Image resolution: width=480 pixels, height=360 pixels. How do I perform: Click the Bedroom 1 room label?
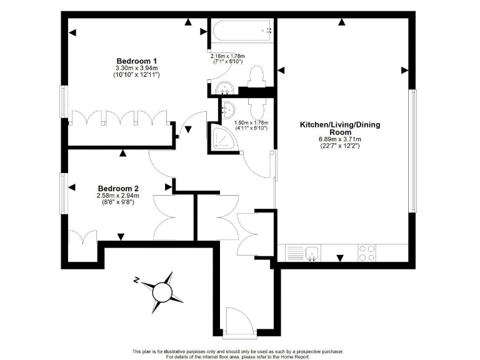[x=137, y=61]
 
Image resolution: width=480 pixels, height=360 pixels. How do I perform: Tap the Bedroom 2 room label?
[x=118, y=188]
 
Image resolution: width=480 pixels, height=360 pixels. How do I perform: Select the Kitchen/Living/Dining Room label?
[x=340, y=129]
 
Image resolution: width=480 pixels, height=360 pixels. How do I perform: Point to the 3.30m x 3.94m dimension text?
[x=137, y=68]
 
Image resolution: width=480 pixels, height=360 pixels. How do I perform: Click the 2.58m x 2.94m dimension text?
[x=118, y=196]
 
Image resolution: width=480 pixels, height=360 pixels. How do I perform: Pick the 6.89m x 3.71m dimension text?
[x=340, y=139]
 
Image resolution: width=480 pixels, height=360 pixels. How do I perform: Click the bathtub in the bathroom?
[x=241, y=29]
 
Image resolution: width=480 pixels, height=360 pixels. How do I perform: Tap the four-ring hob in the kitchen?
[x=367, y=253]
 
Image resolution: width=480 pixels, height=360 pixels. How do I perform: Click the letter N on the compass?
[x=136, y=281]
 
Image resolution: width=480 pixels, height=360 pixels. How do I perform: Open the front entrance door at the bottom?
[x=239, y=322]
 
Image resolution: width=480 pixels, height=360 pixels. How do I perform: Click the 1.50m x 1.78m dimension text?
[x=251, y=126]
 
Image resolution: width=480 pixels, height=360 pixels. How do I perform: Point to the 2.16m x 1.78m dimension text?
[x=227, y=59]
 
